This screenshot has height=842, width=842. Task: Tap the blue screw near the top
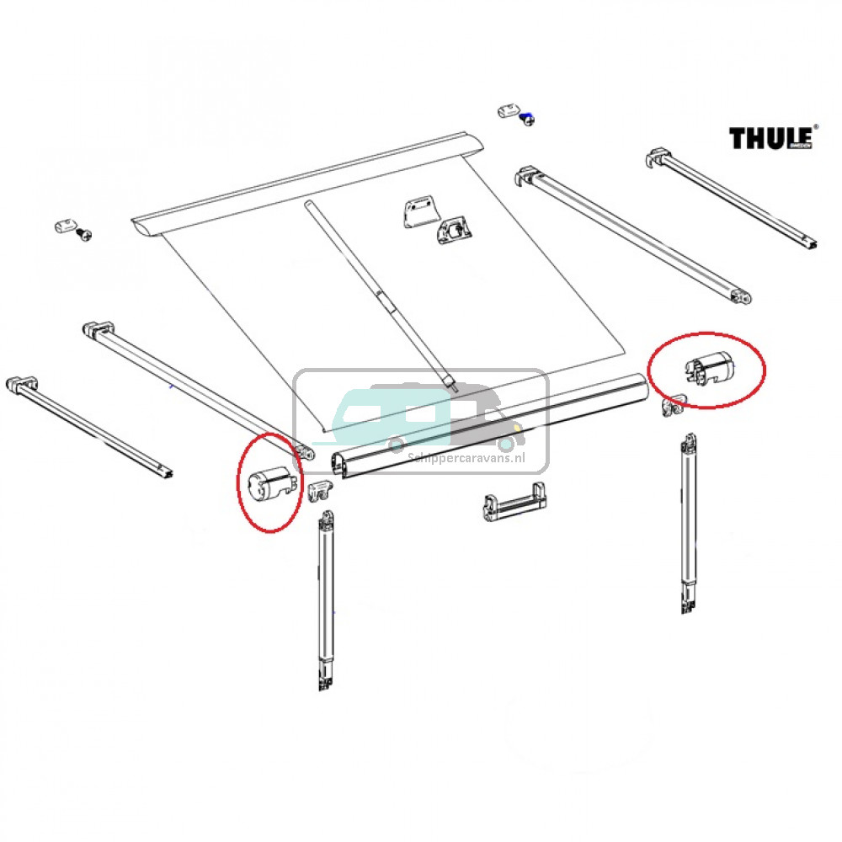tap(527, 120)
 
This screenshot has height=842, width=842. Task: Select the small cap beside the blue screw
tap(508, 110)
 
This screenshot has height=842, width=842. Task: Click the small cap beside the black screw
tap(63, 226)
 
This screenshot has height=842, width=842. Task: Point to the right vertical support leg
tap(690, 522)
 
